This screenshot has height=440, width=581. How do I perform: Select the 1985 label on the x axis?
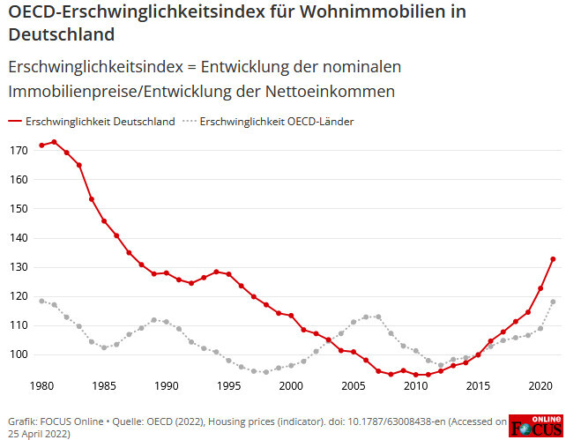(103, 385)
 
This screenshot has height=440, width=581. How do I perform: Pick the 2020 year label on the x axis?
(540, 385)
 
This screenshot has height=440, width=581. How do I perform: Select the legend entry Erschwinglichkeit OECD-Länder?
(277, 121)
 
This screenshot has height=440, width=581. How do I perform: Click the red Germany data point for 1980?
(41, 145)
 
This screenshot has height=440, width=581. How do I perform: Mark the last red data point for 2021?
(553, 259)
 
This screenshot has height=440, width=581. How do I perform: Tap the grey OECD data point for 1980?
(41, 301)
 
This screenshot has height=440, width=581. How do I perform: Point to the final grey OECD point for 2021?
(553, 302)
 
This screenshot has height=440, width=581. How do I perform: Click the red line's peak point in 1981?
(54, 142)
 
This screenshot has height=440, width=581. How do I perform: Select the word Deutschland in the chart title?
(62, 36)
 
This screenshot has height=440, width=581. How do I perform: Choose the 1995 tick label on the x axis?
(227, 385)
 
